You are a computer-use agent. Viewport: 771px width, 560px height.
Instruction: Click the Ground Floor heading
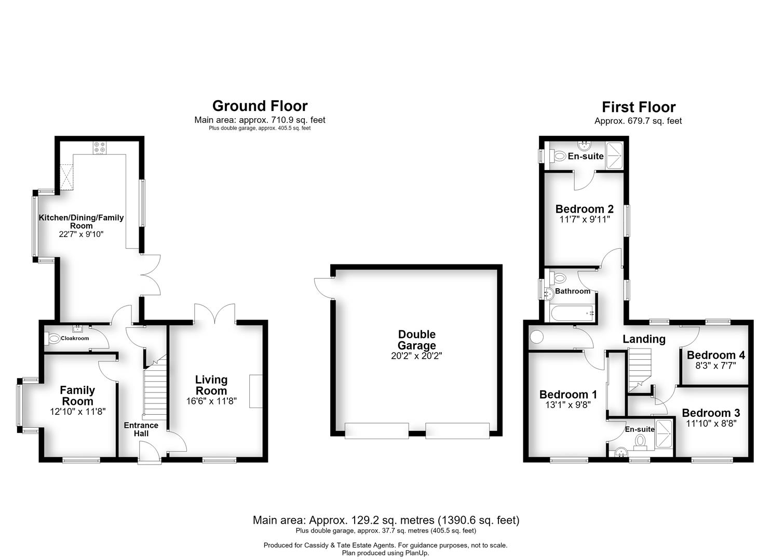(260, 106)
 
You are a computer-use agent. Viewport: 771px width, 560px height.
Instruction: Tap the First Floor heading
(639, 107)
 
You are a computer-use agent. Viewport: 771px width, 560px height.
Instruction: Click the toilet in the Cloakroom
(52, 338)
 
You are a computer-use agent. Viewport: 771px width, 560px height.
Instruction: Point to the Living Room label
(211, 385)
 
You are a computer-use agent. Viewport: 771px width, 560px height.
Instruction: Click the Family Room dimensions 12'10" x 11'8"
(77, 412)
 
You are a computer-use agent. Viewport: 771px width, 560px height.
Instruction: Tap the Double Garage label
(416, 340)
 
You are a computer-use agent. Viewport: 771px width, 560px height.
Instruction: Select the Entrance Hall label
(141, 429)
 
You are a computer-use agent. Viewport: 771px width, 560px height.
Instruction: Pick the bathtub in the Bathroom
(571, 313)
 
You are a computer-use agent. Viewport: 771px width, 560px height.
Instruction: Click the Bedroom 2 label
(585, 208)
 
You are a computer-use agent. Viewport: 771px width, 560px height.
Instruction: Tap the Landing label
(644, 339)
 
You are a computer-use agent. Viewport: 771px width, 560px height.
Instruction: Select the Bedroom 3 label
(711, 413)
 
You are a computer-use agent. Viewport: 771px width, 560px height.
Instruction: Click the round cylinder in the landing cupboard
(536, 337)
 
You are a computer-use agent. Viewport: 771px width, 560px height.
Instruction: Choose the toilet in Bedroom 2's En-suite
(558, 157)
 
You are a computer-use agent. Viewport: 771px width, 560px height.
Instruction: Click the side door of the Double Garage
(324, 288)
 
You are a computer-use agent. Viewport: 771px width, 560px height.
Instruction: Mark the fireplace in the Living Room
(256, 391)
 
